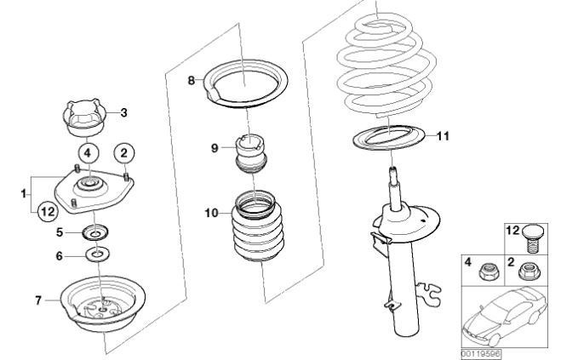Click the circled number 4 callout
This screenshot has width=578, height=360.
click(x=88, y=152)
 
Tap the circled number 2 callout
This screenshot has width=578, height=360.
click(x=124, y=152)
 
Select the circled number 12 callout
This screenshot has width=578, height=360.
click(x=48, y=212)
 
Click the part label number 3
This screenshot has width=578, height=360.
click(x=124, y=112)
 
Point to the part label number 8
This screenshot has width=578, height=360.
click(x=191, y=80)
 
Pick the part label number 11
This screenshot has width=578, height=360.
click(x=444, y=136)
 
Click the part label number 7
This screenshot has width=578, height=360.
click(x=38, y=300)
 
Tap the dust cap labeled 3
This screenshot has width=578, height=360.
click(x=84, y=117)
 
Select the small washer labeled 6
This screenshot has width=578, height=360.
click(x=98, y=254)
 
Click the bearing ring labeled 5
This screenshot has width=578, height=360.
click(x=95, y=233)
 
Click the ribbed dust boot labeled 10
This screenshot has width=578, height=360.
click(x=253, y=226)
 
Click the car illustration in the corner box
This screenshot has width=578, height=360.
click(x=504, y=317)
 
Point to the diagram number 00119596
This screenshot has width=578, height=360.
click(x=481, y=355)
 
